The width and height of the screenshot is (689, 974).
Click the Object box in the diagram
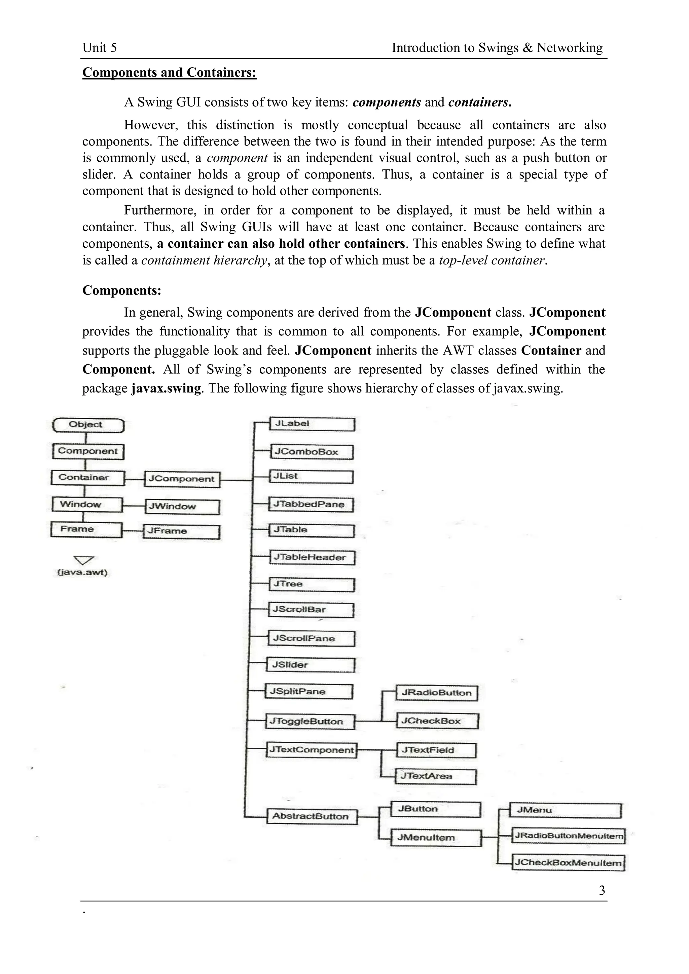88,425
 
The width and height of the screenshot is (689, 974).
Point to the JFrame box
182,532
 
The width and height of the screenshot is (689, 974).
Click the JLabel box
312,424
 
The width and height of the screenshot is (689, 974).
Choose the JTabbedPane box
311,504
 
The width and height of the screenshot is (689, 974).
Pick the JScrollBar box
311,610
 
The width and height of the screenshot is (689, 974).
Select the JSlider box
310,665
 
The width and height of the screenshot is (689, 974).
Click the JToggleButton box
310,721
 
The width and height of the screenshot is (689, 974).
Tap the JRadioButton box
436,693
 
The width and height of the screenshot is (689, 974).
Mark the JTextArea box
436,776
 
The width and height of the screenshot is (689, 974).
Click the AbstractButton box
312,816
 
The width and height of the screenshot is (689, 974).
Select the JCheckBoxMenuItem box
569,862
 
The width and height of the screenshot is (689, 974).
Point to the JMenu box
566,810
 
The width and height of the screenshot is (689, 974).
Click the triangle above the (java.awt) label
84,560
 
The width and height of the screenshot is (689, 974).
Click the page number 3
602,890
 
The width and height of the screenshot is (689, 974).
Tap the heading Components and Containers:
169,73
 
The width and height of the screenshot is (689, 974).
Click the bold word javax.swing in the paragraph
166,388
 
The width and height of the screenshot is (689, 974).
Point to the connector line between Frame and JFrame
133,531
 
